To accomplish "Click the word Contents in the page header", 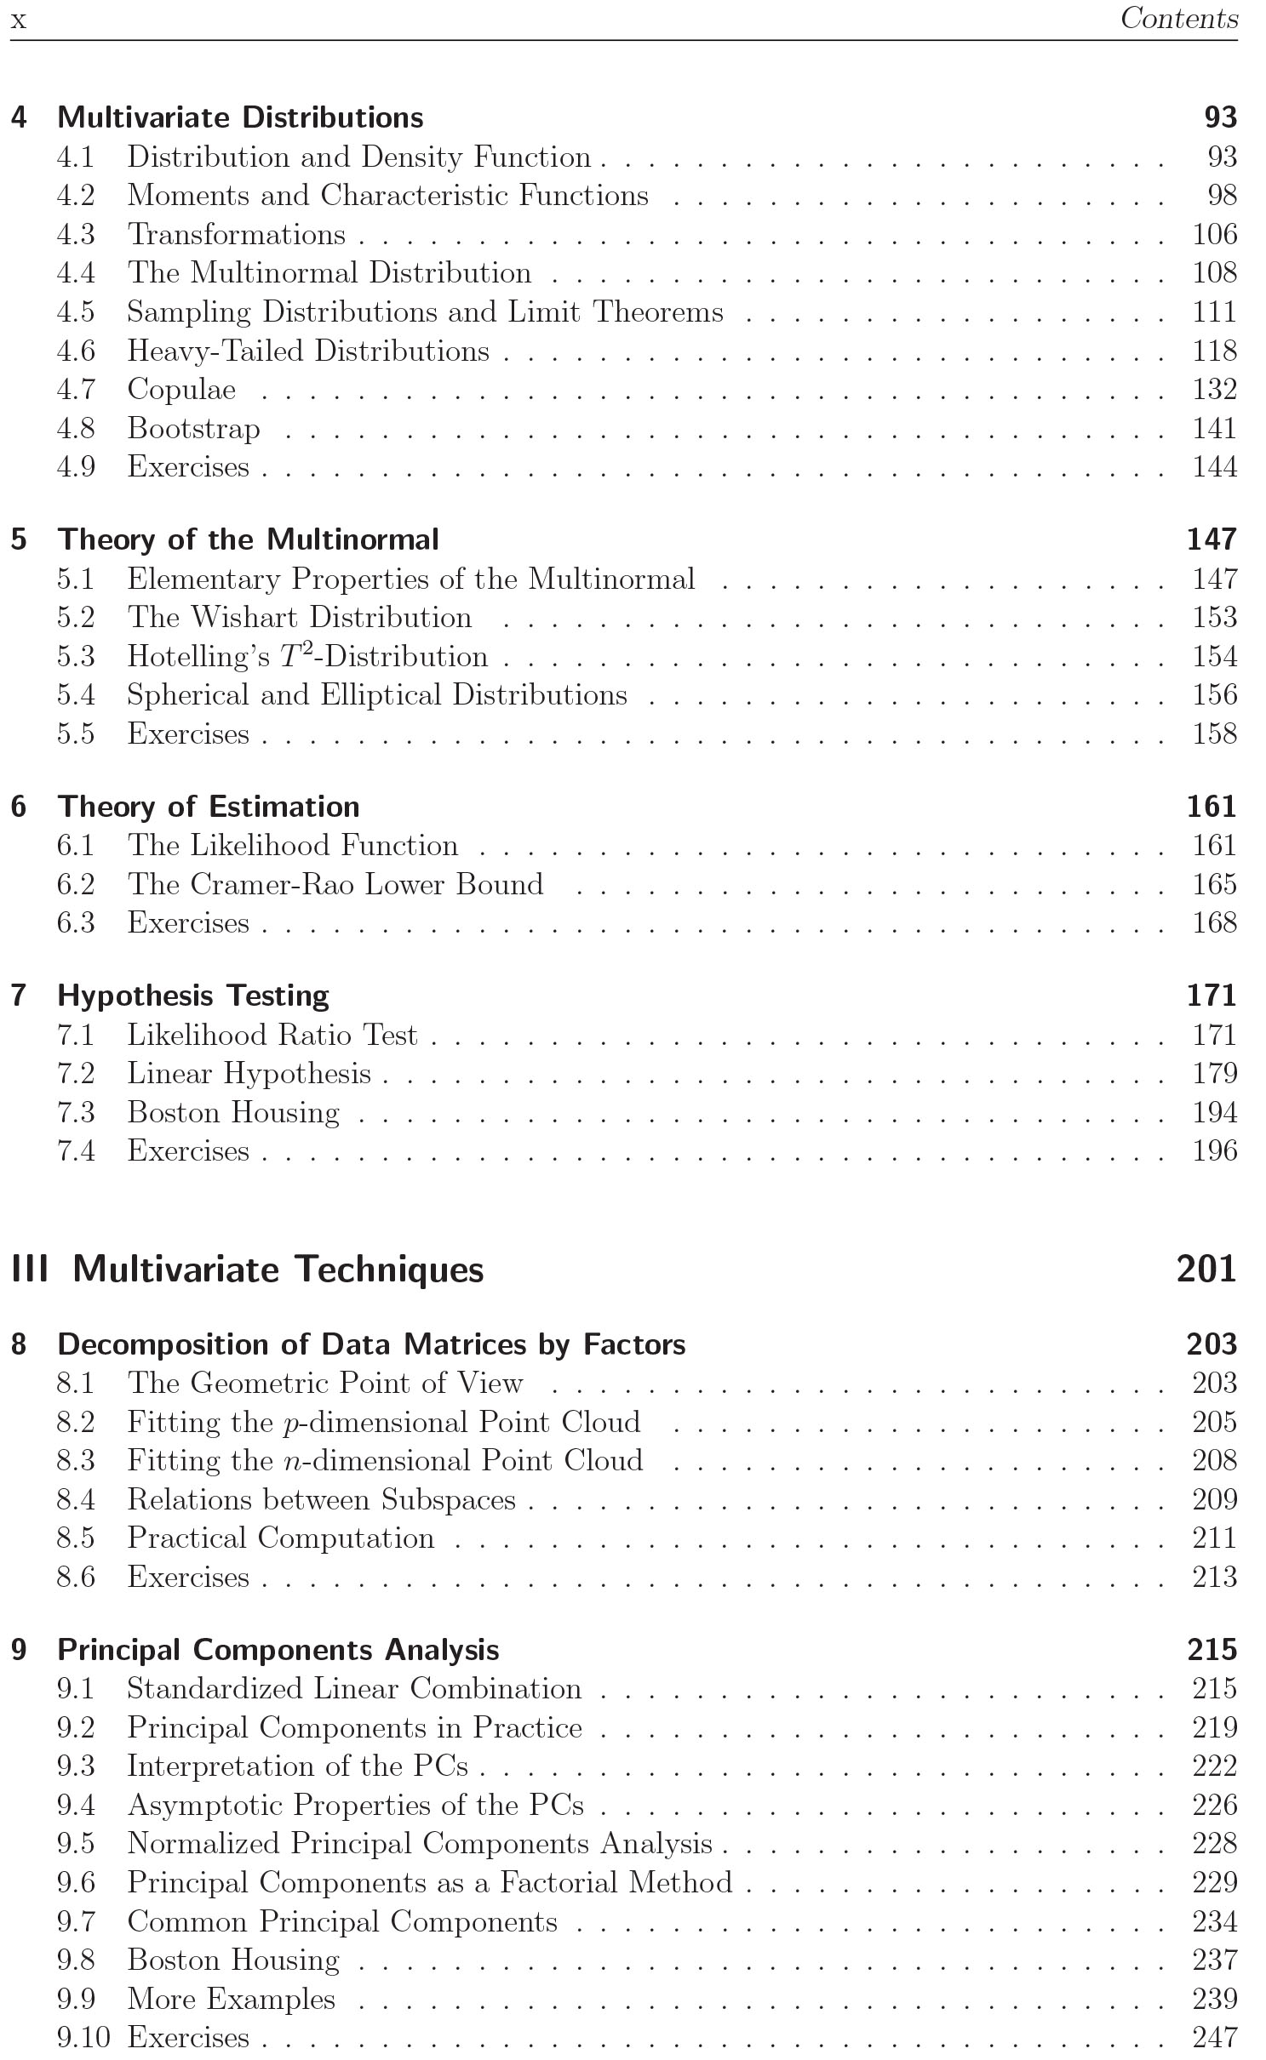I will pos(1178,19).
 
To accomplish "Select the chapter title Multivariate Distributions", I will pos(240,117).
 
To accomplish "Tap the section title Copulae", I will pos(181,390).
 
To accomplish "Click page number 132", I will pos(1214,390).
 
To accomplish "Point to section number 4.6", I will pos(76,351).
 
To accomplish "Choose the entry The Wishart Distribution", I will pos(299,618).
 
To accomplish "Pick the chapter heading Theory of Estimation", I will pos(209,807).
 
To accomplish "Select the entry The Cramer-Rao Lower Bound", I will pos(335,884).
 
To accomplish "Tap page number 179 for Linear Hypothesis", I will pos(1214,1074).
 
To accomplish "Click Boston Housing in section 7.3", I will pos(233,1113).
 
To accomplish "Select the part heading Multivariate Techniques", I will pos(278,1270).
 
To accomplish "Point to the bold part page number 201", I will pos(1206,1270).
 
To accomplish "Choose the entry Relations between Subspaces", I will pos(321,1499).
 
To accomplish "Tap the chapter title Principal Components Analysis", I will pos(278,1650).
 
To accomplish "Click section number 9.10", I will pos(83,2038).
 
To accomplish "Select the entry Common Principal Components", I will pos(342,1921).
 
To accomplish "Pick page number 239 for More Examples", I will pos(1214,1999).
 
